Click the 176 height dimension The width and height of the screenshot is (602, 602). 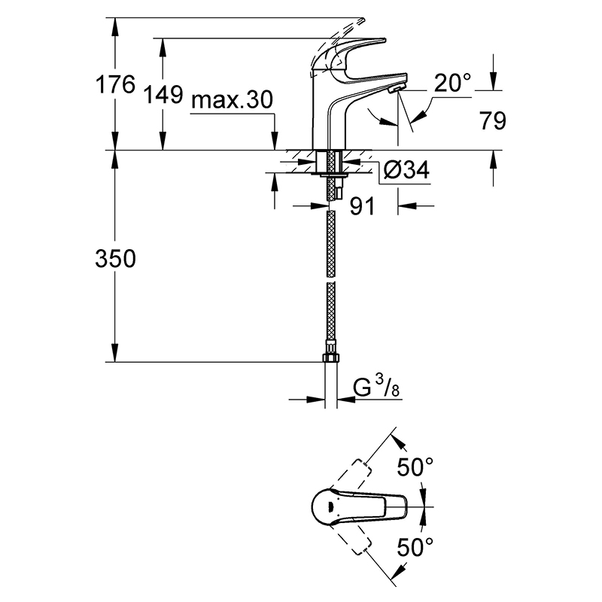point(115,84)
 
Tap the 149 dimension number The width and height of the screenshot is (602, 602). point(163,95)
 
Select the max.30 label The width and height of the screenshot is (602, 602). point(232,100)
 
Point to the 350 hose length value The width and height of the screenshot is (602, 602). point(115,258)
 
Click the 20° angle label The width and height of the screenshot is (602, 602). point(452,83)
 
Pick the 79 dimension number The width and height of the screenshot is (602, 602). point(493,121)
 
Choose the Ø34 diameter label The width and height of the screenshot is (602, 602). point(406,169)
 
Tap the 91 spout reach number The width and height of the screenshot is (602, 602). point(362,206)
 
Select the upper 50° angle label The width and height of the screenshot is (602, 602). point(415,467)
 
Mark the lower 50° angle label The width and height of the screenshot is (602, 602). point(415,547)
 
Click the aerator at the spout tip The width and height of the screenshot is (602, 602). point(395,90)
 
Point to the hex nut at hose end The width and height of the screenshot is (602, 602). point(330,357)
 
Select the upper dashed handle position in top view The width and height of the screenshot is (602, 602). point(351,476)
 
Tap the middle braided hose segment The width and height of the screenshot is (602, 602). point(330,243)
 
